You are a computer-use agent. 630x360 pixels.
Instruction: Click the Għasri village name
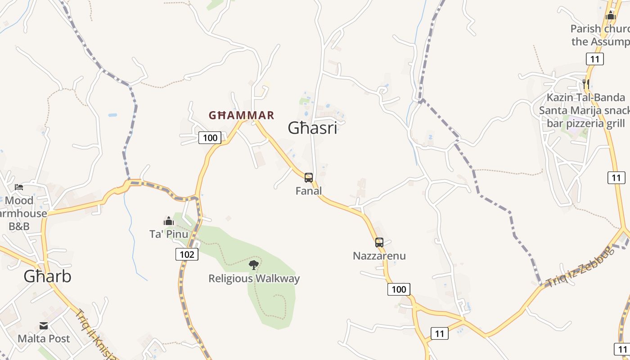[312, 128]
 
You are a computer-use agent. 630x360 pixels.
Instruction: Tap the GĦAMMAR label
[241, 115]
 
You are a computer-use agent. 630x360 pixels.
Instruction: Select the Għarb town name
[47, 276]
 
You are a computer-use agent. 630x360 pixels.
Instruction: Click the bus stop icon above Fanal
[308, 178]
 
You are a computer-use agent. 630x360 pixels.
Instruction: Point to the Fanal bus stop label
[309, 191]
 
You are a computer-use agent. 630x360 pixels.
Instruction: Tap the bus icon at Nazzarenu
[379, 243]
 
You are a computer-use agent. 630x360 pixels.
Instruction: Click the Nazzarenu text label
[379, 256]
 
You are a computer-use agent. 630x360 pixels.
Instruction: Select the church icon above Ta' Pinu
[169, 221]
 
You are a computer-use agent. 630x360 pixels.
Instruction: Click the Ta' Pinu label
[169, 234]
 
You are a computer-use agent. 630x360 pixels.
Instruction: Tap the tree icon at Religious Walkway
[254, 265]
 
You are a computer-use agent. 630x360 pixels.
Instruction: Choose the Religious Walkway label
[254, 279]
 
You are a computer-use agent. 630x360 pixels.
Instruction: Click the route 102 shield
[187, 255]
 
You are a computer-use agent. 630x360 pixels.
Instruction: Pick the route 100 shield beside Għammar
[210, 138]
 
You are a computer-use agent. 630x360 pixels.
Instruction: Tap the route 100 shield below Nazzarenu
[399, 289]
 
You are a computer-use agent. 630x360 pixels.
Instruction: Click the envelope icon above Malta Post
[44, 325]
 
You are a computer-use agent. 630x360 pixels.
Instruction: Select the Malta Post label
[44, 338]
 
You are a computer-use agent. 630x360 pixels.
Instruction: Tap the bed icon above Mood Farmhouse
[18, 187]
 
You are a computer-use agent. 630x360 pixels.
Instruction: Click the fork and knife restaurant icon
[585, 84]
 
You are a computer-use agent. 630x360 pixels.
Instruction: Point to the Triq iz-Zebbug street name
[579, 266]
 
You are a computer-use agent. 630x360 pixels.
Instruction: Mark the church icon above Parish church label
[611, 15]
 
